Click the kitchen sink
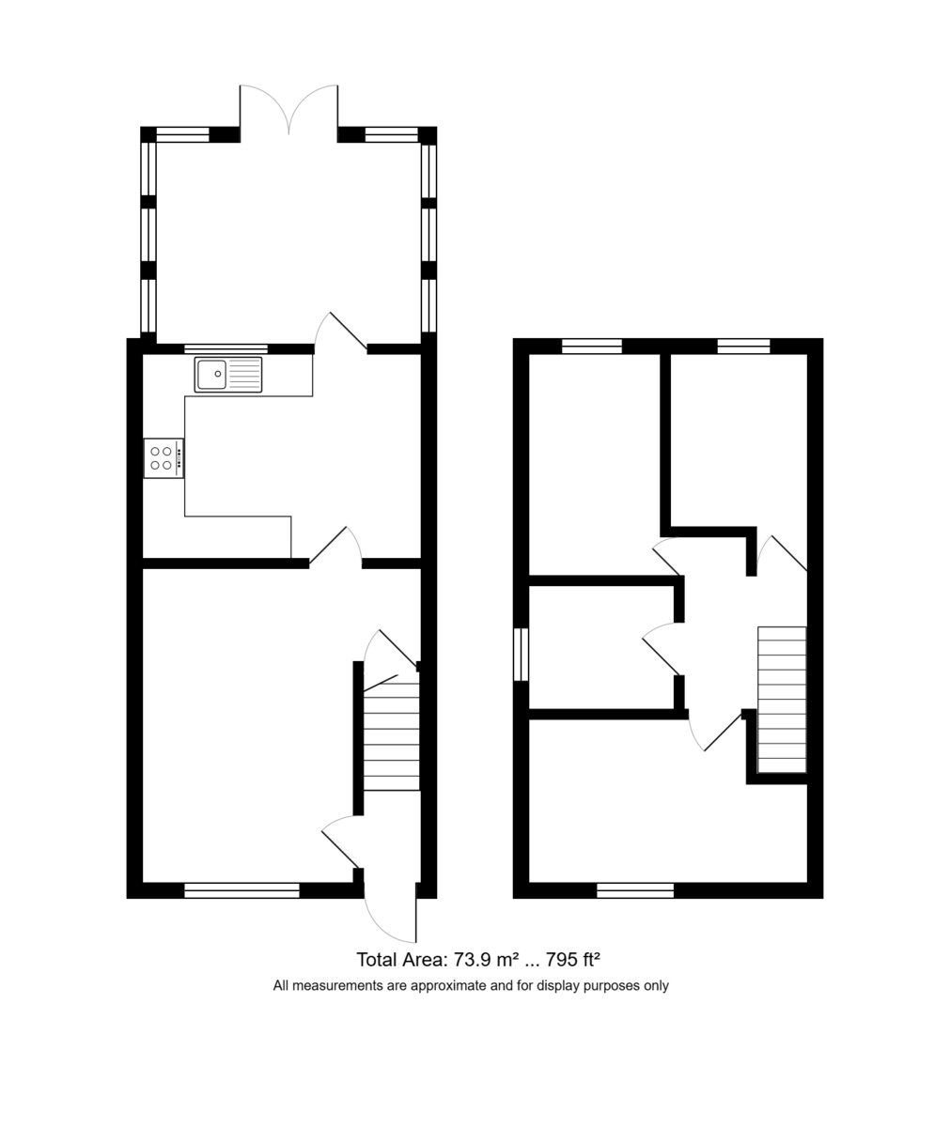pyautogui.click(x=228, y=375)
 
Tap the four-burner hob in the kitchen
pyautogui.click(x=163, y=458)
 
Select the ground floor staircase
pyautogui.click(x=391, y=736)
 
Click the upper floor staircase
pyautogui.click(x=782, y=700)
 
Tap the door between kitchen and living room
pyautogui.click(x=334, y=546)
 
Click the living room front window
pyautogui.click(x=241, y=890)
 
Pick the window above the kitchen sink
pyautogui.click(x=226, y=348)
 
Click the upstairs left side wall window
pyautogui.click(x=521, y=654)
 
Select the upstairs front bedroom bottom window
pyautogui.click(x=635, y=890)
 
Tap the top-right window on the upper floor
pyautogui.click(x=743, y=347)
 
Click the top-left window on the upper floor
pyautogui.click(x=592, y=347)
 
